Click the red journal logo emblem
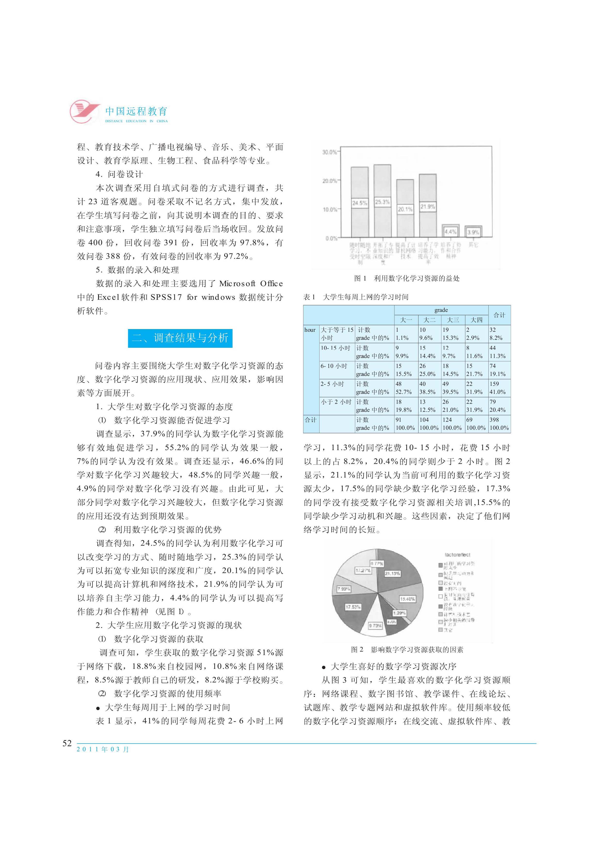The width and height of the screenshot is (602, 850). [84, 111]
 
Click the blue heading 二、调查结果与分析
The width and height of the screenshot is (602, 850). [180, 338]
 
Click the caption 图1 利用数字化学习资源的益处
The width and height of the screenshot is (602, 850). [407, 278]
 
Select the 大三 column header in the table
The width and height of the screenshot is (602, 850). [453, 320]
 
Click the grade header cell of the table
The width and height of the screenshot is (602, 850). [441, 310]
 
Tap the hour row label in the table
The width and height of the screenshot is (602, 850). [310, 330]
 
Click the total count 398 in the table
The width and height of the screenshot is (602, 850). [494, 420]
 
